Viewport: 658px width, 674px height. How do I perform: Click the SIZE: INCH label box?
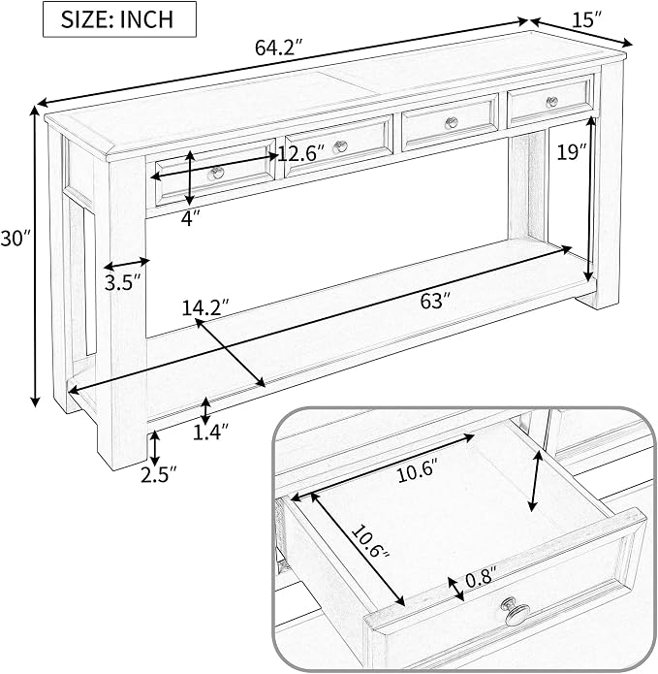tap(119, 19)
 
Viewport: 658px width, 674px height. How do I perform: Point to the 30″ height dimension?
tap(16, 239)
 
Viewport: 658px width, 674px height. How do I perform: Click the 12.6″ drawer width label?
tap(301, 153)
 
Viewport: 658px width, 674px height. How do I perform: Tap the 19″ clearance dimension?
tap(571, 151)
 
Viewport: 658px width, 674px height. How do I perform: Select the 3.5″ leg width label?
tap(123, 283)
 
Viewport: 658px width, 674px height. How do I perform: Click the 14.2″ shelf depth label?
tap(205, 307)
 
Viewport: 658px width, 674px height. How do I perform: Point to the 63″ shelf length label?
tap(435, 301)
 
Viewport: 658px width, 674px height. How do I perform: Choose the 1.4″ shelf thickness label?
tap(210, 432)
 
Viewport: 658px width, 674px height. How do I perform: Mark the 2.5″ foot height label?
tap(159, 474)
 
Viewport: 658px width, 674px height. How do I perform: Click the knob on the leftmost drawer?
tap(217, 173)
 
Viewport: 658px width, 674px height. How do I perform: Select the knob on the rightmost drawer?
tap(552, 102)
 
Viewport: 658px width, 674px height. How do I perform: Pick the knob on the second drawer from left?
tap(340, 146)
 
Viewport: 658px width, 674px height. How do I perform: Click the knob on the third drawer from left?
tap(451, 122)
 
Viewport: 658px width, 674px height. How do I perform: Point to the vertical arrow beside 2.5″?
tap(155, 448)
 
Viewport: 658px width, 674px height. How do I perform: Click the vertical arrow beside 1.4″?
tap(206, 410)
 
